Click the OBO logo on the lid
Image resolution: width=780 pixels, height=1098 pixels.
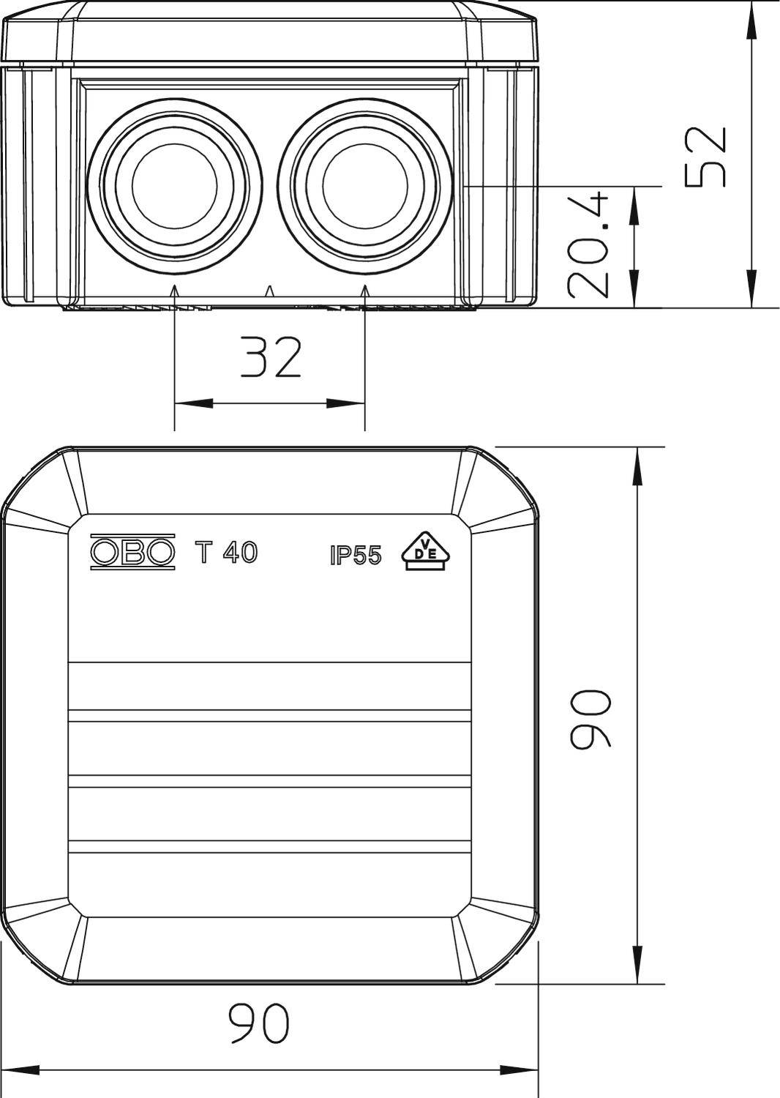(132, 553)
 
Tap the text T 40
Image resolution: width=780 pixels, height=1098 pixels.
(226, 553)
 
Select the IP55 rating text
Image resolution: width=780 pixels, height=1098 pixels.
(356, 556)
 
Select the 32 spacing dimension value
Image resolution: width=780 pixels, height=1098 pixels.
(271, 358)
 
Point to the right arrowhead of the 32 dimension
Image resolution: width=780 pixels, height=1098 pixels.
(347, 403)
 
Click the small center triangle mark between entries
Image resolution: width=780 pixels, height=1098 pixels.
(269, 291)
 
